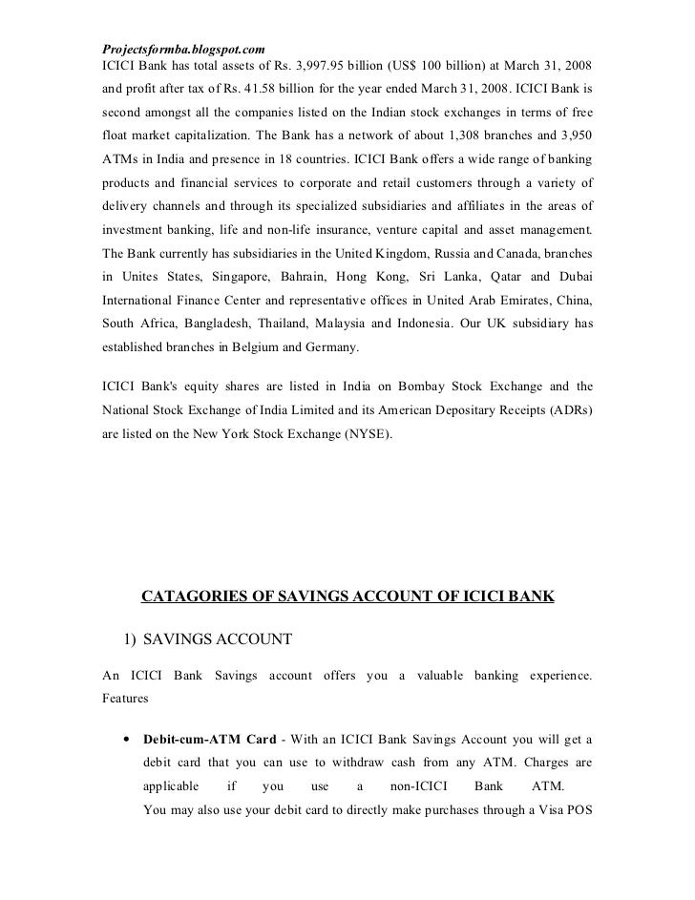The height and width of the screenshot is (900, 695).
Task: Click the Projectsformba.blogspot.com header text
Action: click(x=182, y=48)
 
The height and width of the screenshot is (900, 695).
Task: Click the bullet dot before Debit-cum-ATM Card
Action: click(x=127, y=740)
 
